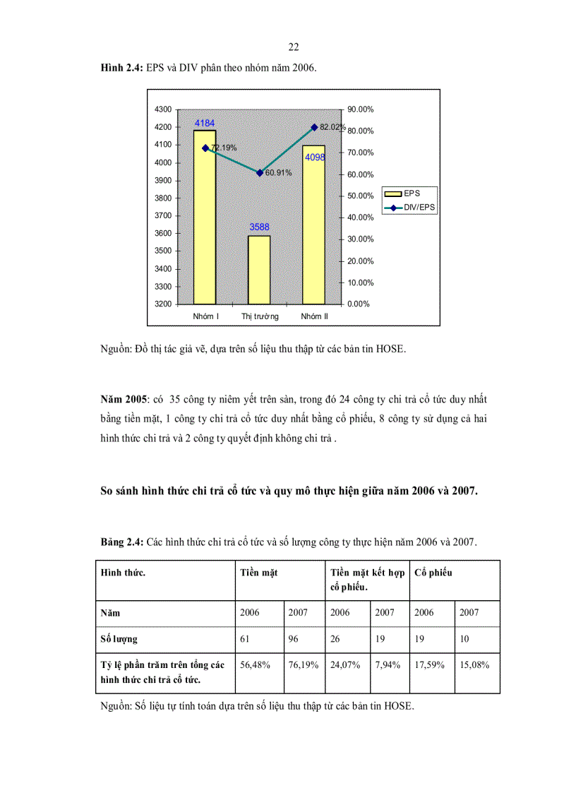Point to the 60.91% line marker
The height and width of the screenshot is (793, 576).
pyautogui.click(x=260, y=172)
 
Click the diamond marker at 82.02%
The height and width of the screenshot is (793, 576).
pyautogui.click(x=314, y=127)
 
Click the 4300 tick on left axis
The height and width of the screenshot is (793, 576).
pyautogui.click(x=162, y=109)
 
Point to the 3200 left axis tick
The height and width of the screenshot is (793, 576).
pyautogui.click(x=162, y=304)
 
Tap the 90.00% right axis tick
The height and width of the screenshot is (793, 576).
pyautogui.click(x=360, y=109)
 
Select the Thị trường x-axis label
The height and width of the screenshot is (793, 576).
pyautogui.click(x=260, y=316)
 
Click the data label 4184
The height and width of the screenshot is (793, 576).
pyautogui.click(x=205, y=124)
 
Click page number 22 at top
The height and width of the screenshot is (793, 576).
pyautogui.click(x=294, y=47)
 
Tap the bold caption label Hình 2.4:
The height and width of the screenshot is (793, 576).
pyautogui.click(x=121, y=68)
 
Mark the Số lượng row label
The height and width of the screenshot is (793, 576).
pyautogui.click(x=119, y=639)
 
